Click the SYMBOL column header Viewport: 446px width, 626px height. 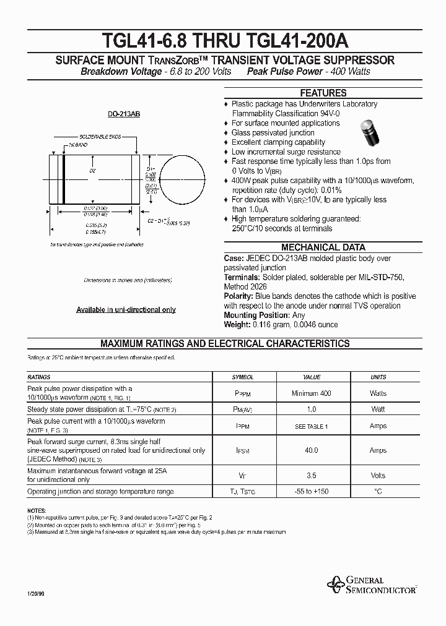click(243, 377)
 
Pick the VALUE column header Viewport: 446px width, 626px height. click(312, 377)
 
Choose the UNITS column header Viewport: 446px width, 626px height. click(378, 377)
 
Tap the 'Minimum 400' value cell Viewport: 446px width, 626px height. click(312, 393)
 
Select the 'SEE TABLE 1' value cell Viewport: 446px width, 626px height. click(312, 426)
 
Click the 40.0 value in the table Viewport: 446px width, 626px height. click(312, 450)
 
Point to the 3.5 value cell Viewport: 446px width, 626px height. click(312, 475)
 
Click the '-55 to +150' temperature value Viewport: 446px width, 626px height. click(312, 491)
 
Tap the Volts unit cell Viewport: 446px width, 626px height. click(378, 475)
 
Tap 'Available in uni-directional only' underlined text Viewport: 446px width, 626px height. click(126, 309)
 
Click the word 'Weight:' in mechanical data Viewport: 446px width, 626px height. click(237, 324)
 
